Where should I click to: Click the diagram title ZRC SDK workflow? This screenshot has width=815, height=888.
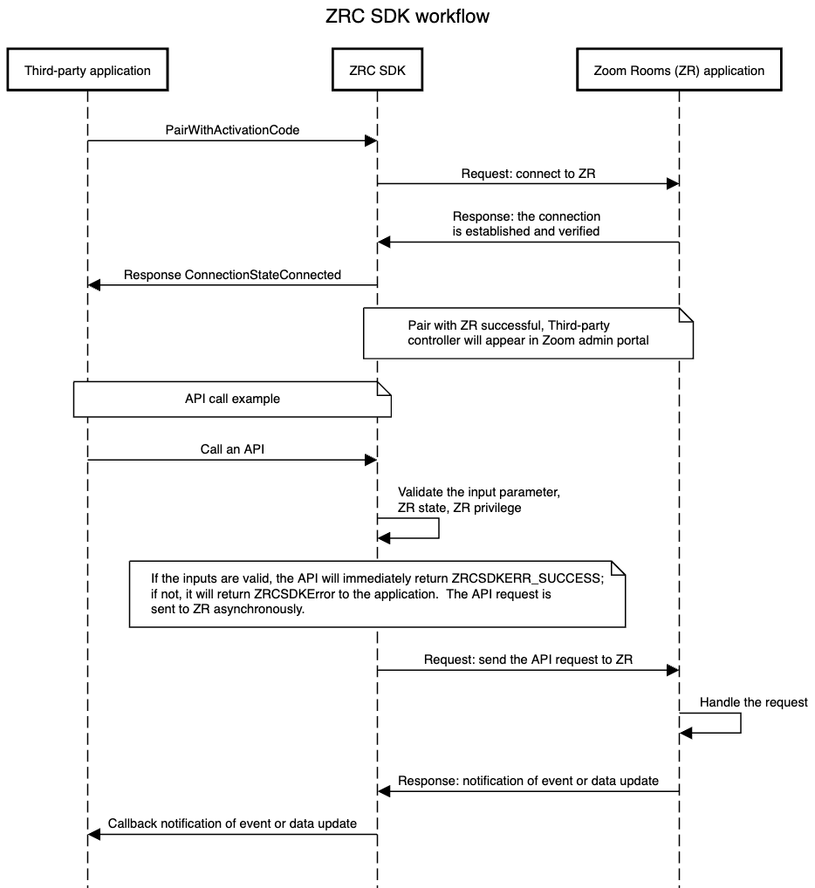407,17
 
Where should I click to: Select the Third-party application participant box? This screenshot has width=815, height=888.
87,71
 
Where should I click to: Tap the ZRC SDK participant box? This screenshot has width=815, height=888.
377,71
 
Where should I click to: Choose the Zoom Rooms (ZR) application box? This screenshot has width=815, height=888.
679,71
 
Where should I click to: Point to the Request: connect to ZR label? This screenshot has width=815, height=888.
528,174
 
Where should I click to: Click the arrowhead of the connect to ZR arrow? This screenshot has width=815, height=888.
673,184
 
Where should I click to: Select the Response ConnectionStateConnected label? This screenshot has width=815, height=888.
232,275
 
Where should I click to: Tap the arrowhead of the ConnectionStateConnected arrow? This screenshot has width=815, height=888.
94,285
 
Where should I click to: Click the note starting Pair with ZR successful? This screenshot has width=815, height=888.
528,332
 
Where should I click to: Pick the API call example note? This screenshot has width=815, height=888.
231,399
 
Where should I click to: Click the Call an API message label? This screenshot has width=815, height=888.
232,450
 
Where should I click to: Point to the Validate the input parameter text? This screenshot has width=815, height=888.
478,493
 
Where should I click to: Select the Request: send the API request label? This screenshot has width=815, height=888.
528,659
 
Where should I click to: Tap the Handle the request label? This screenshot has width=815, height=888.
753,702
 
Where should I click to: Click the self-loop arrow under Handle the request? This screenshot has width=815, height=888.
740,723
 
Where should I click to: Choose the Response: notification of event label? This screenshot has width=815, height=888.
528,781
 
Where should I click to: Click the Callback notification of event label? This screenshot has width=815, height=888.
232,823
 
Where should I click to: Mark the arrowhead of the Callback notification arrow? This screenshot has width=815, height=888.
94,835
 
